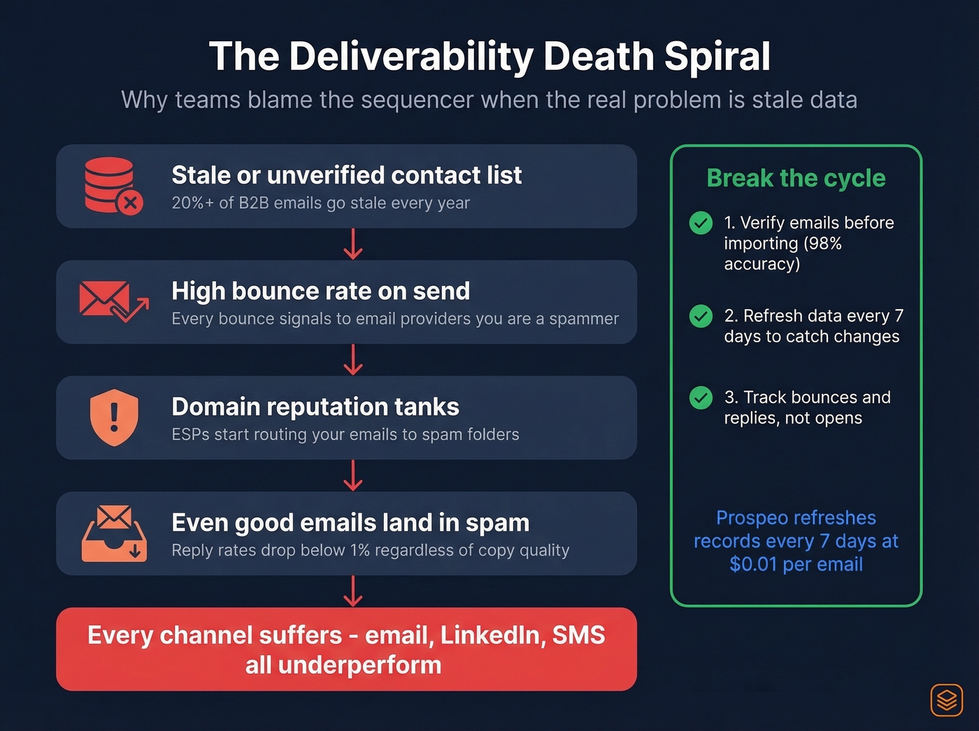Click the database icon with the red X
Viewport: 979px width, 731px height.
coord(112,185)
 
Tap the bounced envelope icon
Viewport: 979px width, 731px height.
coord(113,301)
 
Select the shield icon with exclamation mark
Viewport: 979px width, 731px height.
coord(114,418)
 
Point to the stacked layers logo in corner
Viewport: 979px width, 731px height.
coord(946,700)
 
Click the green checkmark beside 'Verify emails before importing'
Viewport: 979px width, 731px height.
coord(701,223)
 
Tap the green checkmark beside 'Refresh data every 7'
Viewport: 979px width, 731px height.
coord(701,316)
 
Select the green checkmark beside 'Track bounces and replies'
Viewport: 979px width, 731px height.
coord(701,398)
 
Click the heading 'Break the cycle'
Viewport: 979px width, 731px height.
coord(796,178)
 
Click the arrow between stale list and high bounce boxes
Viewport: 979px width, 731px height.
coord(353,244)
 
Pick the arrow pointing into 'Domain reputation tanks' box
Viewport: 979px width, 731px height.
coord(353,360)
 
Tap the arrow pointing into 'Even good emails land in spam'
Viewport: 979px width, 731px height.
coord(353,476)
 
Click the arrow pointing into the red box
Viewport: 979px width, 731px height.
coord(353,591)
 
